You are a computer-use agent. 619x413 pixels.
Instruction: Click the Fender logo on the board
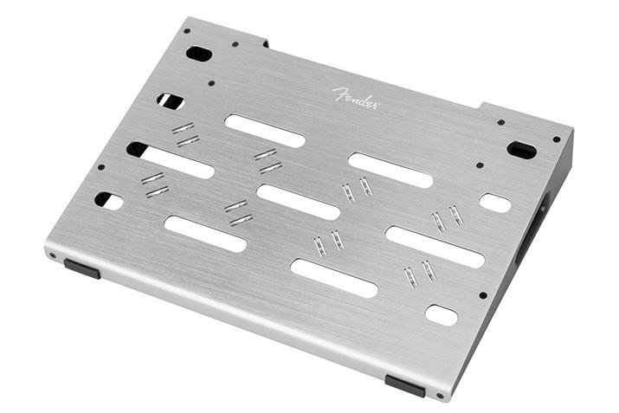coord(355,96)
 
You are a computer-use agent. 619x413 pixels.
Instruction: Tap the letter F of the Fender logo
coord(338,93)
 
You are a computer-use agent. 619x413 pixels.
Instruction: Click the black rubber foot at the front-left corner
coord(82,269)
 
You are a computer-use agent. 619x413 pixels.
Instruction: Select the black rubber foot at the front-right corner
coord(404,384)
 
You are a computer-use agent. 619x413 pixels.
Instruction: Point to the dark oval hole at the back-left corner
coord(199,54)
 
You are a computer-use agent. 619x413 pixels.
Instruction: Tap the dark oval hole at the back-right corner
coord(521,150)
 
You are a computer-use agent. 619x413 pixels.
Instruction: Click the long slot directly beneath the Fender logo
coord(265,131)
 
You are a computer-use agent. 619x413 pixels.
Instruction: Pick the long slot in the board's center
coord(298,202)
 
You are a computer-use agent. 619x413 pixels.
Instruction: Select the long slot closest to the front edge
coord(334,278)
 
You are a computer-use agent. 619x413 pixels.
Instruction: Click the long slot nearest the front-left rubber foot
coord(205,234)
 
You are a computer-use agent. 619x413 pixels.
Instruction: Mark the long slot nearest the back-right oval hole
coord(390,170)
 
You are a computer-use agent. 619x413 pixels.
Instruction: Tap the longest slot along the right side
coord(435,247)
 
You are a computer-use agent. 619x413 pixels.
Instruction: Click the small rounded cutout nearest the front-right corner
coord(442,315)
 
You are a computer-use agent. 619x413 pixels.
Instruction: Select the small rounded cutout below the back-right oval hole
coord(495,203)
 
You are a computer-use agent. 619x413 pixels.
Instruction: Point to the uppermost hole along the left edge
coord(171,101)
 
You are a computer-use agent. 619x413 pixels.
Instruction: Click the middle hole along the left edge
coord(137,149)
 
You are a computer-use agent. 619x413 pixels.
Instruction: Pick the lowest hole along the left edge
coord(109,201)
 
